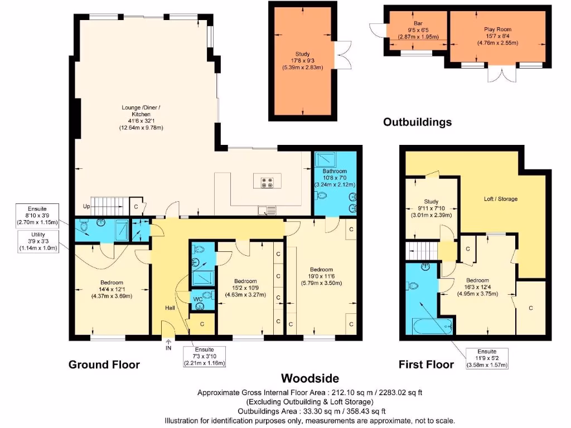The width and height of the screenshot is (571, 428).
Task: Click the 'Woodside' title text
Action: (x=309, y=379)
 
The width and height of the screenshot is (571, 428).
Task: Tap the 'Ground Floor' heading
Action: (x=104, y=365)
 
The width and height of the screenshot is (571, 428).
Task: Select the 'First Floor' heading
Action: (x=426, y=365)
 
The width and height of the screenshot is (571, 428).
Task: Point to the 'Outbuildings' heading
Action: (x=417, y=122)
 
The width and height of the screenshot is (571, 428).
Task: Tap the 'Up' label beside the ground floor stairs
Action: (x=86, y=206)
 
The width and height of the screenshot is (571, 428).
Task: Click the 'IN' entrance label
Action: (x=168, y=348)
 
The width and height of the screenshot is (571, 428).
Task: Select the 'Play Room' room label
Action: (x=497, y=29)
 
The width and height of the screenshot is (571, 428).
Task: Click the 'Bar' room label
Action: (x=418, y=23)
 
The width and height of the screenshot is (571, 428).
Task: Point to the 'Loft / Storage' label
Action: (x=500, y=198)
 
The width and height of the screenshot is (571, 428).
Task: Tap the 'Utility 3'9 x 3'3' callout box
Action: (x=37, y=242)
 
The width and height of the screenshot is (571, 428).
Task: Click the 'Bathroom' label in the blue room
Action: (x=335, y=172)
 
